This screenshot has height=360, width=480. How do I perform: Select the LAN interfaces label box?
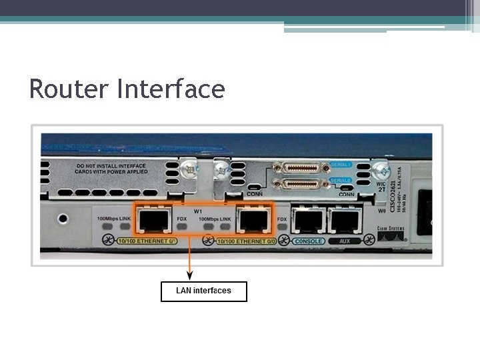204,291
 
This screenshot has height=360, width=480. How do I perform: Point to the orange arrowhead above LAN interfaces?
190,275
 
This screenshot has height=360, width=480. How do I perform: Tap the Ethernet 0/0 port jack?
253,219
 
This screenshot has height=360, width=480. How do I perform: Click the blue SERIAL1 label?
339,164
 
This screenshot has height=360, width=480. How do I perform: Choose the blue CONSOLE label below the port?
309,241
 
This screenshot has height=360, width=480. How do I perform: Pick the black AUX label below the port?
344,241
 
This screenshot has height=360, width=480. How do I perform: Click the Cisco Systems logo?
390,233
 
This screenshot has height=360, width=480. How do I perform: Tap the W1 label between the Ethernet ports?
198,211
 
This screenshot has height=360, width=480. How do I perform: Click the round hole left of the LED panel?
63,218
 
